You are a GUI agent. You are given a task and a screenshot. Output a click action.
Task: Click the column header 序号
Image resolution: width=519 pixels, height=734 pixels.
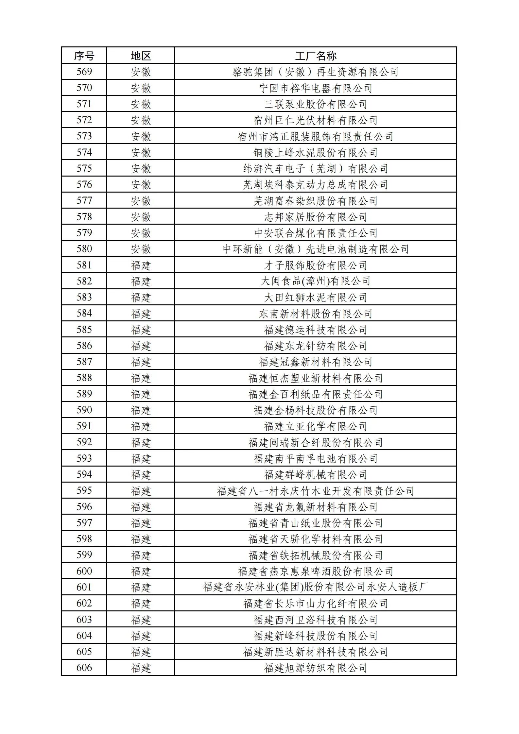tap(84, 56)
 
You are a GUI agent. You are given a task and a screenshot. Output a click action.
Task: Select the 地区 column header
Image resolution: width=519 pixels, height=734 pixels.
tap(141, 56)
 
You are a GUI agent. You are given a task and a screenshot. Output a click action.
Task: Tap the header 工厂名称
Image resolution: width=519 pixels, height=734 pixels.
tap(315, 56)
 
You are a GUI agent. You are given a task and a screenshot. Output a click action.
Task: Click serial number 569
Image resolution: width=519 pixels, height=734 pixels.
tap(84, 72)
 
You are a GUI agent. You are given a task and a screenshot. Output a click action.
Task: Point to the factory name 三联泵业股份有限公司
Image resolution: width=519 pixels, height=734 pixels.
tap(315, 104)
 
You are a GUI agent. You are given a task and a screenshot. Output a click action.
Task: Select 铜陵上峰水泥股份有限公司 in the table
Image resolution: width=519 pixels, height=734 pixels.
tap(315, 152)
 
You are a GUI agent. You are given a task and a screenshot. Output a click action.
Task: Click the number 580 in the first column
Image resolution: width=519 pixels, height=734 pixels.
tap(84, 249)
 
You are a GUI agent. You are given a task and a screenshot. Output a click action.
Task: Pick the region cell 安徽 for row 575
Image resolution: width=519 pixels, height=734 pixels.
tap(141, 168)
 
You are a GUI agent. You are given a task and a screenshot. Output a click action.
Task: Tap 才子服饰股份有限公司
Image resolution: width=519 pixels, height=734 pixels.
tap(315, 265)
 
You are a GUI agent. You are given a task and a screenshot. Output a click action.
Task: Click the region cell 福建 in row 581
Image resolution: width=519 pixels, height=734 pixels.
tap(141, 265)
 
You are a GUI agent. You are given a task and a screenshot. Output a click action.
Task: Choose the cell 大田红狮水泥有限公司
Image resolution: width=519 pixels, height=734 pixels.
tap(315, 297)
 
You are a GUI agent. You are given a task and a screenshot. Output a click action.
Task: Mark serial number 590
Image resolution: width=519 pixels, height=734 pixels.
tap(84, 410)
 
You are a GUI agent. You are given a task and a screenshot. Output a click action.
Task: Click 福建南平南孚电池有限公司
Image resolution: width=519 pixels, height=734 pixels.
tap(315, 458)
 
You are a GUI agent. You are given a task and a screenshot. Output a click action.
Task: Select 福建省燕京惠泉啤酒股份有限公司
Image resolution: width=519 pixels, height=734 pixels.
tap(315, 571)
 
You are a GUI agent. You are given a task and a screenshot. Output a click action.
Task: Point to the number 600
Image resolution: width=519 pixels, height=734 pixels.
tap(84, 571)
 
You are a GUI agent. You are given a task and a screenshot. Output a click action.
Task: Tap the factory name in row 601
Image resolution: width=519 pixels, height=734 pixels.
tap(315, 587)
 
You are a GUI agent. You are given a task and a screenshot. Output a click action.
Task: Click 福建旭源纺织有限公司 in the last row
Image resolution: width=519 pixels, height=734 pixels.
tap(315, 668)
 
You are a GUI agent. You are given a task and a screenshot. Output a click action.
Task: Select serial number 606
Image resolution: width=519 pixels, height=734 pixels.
tap(84, 668)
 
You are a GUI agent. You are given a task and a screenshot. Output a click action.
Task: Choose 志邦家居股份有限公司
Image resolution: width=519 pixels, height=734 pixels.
tap(315, 217)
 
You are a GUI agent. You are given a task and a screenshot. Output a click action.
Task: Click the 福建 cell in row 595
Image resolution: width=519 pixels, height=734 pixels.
tap(141, 491)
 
